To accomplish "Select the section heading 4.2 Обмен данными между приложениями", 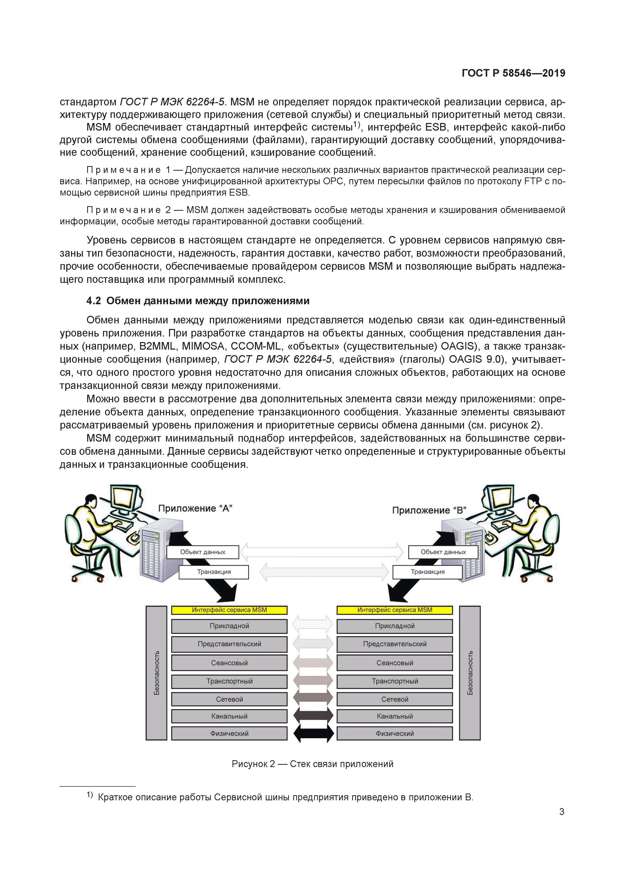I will tap(198, 301).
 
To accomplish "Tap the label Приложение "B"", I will tap(429, 510).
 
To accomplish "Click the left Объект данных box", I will tap(203, 552).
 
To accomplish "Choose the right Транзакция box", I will tap(427, 572).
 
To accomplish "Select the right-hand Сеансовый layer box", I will tap(394, 663).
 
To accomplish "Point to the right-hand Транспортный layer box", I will tap(394, 681).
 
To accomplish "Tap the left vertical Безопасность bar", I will tap(156, 673).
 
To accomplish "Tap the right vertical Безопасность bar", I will tap(470, 673).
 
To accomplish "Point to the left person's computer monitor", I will tap(125, 499).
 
